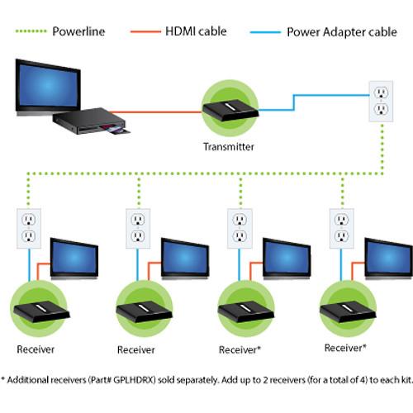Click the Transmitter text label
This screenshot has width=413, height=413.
[x=229, y=147]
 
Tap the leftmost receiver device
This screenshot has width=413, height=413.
[x=39, y=310]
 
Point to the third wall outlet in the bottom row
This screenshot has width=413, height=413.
[x=238, y=228]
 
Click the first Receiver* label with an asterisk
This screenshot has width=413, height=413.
[x=240, y=349]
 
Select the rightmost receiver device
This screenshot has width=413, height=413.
[x=347, y=311]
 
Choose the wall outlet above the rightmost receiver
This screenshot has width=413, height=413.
[x=340, y=228]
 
